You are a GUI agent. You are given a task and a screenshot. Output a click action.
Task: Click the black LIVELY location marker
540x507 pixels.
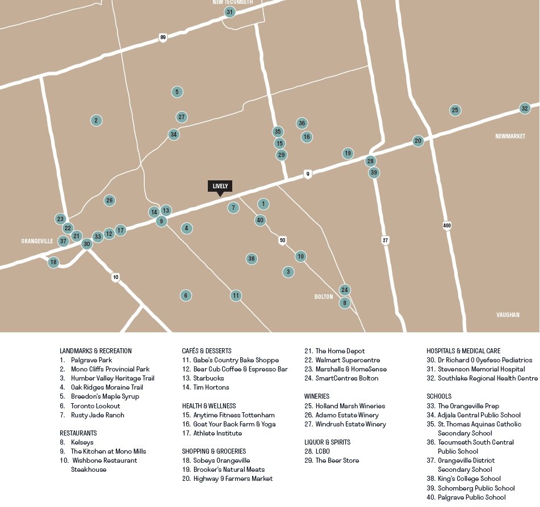(220, 186)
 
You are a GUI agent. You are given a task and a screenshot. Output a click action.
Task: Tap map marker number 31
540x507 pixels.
(229, 12)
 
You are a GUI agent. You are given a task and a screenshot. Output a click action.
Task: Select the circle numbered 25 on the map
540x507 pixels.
(455, 110)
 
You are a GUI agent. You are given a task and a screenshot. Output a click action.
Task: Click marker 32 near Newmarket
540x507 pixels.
(525, 108)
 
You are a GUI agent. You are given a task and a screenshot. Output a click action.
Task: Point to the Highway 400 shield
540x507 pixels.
(447, 226)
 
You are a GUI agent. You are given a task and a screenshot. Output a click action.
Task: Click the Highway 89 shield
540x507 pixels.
(163, 37)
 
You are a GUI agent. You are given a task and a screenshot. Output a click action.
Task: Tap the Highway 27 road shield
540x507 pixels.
(386, 240)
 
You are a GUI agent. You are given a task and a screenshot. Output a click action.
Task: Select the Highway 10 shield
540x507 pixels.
(116, 277)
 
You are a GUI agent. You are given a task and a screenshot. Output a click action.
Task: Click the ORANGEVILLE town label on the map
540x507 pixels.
(37, 241)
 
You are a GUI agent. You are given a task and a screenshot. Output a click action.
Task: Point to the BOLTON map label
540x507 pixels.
(324, 297)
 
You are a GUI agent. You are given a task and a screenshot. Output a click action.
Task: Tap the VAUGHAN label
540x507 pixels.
(507, 315)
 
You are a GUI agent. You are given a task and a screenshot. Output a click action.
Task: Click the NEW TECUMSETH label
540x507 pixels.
(233, 2)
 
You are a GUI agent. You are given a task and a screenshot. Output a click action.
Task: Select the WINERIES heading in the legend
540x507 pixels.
(317, 396)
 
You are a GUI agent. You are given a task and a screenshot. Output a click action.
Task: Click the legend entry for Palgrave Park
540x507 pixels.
(91, 360)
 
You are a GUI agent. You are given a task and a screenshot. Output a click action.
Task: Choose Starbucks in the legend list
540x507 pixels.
(208, 378)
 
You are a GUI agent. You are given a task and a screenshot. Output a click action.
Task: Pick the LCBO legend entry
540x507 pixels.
(323, 451)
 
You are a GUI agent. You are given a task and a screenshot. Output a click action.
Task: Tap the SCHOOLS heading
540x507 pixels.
(439, 396)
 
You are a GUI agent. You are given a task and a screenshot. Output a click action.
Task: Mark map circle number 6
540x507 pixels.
(185, 295)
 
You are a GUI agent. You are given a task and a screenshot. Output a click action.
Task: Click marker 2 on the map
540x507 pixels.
(97, 120)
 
